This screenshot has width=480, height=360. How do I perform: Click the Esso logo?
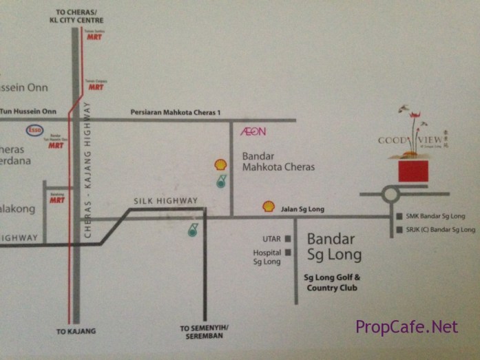point(34,130)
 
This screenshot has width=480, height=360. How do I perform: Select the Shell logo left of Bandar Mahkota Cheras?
point(220,165)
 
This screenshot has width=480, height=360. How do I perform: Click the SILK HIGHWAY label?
point(165,201)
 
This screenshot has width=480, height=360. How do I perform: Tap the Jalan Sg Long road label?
point(303,209)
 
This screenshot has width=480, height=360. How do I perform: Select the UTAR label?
point(271,240)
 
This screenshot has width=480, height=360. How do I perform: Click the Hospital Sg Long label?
point(267,257)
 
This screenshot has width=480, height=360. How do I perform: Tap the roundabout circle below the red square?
point(390,195)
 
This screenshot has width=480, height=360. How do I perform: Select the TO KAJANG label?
point(76,331)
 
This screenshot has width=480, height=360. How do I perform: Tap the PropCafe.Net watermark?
point(406,327)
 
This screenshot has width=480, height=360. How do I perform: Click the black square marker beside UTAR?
point(288,240)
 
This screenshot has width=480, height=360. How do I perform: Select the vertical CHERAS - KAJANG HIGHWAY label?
point(87,169)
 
